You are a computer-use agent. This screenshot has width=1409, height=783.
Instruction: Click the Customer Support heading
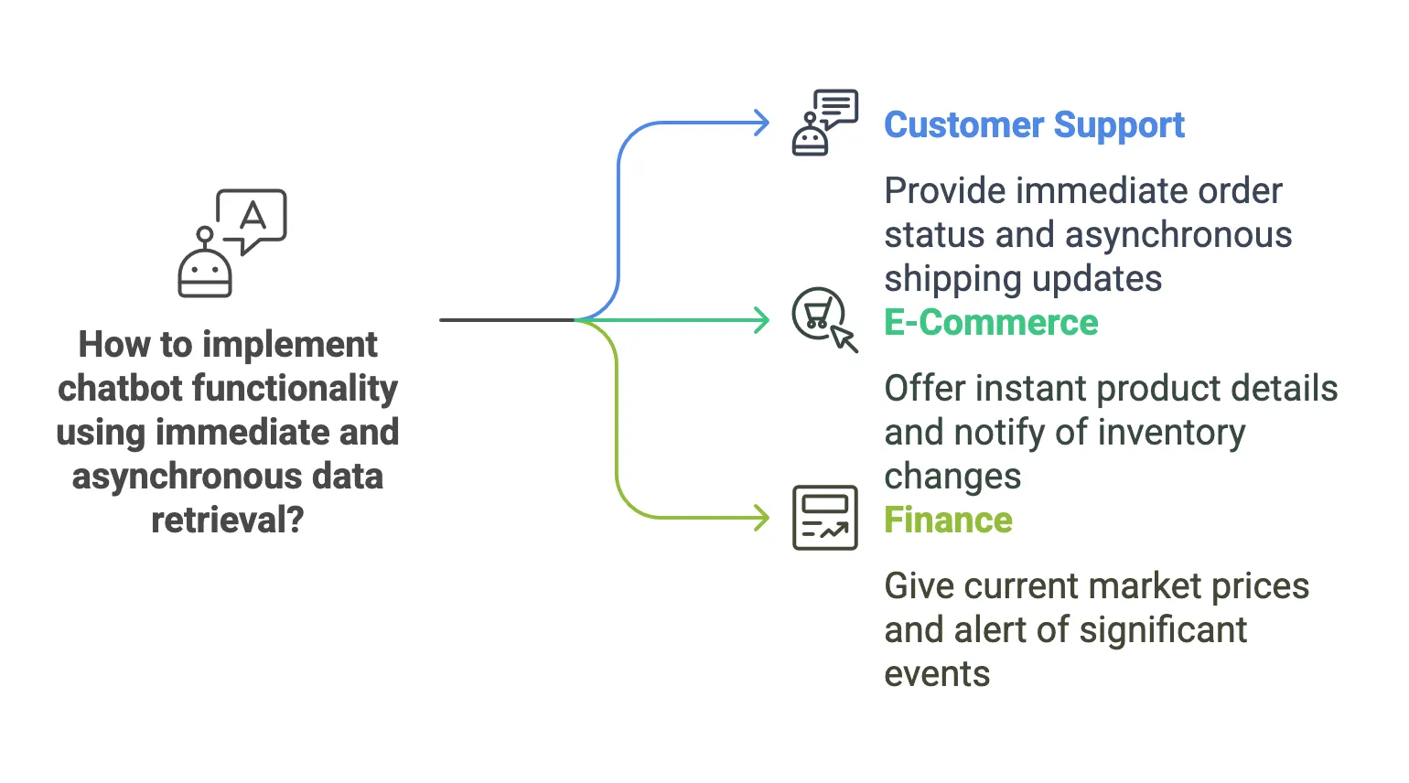[x=1034, y=125]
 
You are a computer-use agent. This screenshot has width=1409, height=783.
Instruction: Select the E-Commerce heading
[x=991, y=323]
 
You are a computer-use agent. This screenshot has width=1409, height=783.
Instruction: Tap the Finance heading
[x=948, y=520]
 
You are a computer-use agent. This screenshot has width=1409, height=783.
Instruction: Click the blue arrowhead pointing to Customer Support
[x=761, y=123]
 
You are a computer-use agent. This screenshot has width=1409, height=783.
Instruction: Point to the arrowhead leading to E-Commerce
[x=761, y=320]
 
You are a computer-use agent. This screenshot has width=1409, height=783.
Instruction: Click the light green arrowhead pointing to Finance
[x=761, y=518]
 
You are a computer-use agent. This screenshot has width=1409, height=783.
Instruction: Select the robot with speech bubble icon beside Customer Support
[x=823, y=123]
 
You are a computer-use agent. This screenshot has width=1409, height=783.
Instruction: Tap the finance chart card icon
[x=824, y=518]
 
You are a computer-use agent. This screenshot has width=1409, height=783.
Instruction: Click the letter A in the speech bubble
[x=253, y=216]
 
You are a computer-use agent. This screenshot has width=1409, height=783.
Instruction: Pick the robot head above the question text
[x=205, y=272]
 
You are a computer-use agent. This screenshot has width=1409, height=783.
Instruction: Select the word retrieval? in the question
[x=227, y=520]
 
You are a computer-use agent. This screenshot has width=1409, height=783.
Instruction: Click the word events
[x=937, y=674]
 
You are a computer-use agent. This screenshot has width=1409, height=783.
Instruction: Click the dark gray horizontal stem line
[x=506, y=320]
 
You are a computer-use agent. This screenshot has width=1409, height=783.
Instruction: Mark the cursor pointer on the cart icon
[x=844, y=341]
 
